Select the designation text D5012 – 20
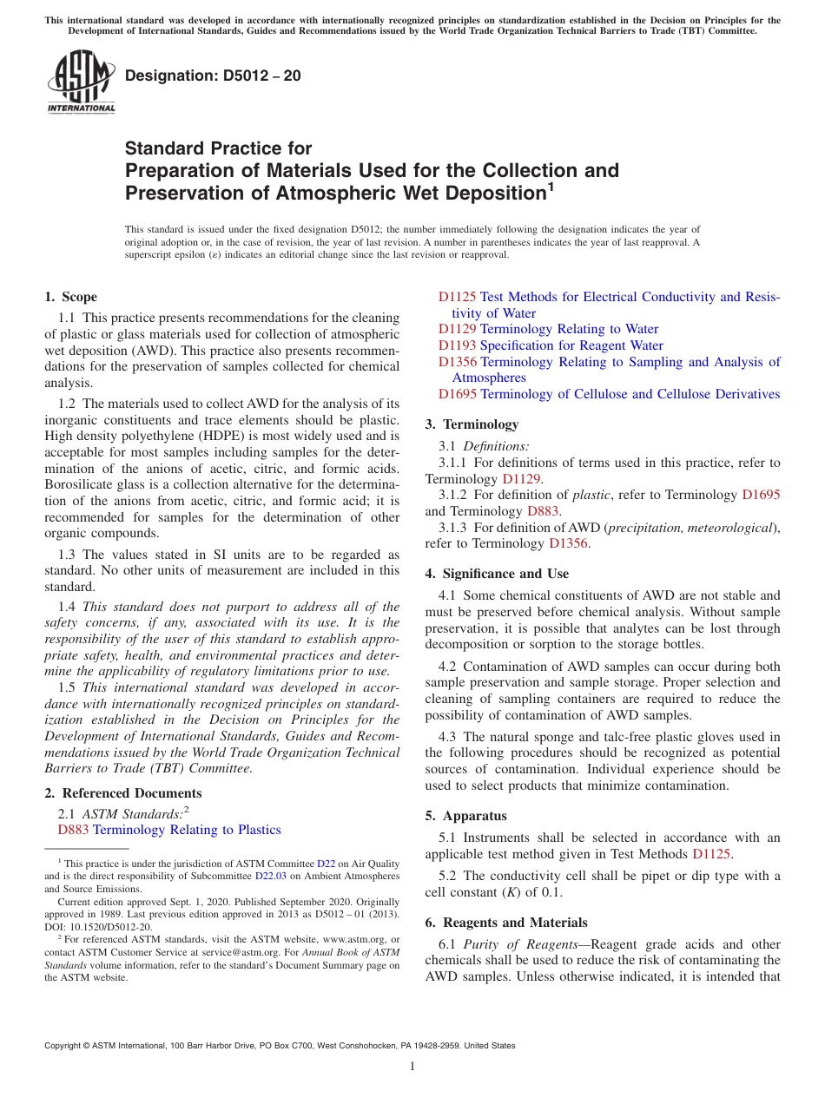(x=213, y=76)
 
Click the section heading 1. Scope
(x=70, y=297)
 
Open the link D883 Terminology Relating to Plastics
(x=168, y=830)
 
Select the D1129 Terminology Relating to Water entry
(x=548, y=329)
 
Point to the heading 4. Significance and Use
(x=497, y=574)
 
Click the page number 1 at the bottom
(x=412, y=1066)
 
